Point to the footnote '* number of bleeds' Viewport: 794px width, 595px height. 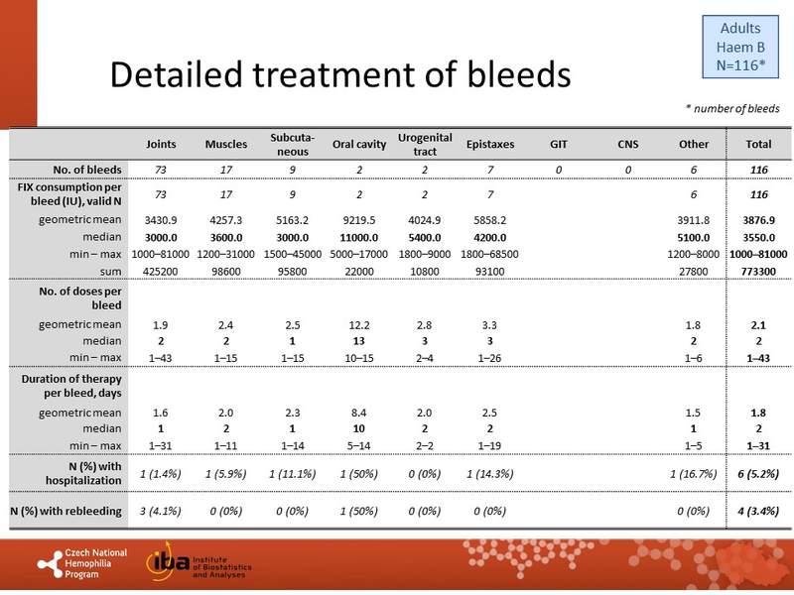(732, 108)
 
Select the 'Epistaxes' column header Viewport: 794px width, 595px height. (489, 145)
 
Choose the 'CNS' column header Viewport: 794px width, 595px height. (627, 145)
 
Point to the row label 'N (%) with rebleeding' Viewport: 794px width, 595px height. (66, 511)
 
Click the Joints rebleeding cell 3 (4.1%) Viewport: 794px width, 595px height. (161, 511)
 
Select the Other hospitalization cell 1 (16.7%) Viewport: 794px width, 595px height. (694, 473)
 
